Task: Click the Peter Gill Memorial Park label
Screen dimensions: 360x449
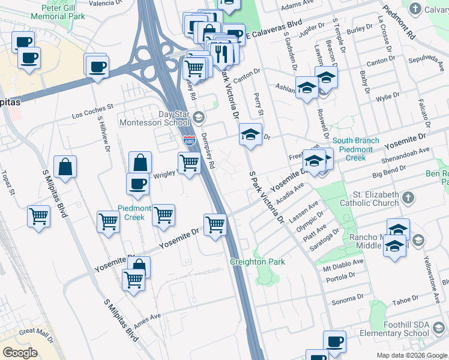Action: click(65, 13)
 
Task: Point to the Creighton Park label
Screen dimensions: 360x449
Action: click(257, 262)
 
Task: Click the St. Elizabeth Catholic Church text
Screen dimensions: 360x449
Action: click(376, 199)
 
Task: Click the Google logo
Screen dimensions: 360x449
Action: click(20, 353)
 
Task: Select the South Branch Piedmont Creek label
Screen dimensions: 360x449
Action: click(360, 149)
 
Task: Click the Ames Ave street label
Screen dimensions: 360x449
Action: click(147, 316)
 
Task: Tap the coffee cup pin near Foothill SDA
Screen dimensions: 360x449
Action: click(334, 342)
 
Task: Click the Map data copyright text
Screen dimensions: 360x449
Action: click(412, 355)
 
